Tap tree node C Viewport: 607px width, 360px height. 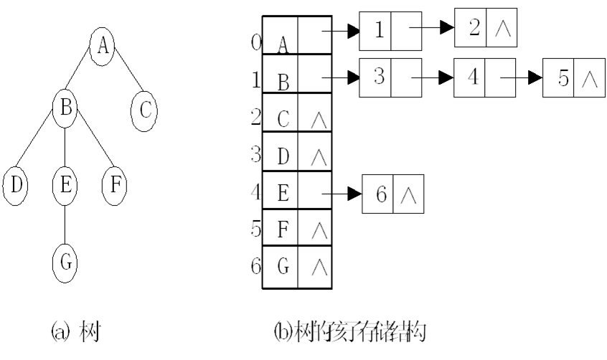point(144,110)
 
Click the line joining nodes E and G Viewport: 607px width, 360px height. point(64,222)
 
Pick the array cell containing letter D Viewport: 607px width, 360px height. point(281,151)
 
